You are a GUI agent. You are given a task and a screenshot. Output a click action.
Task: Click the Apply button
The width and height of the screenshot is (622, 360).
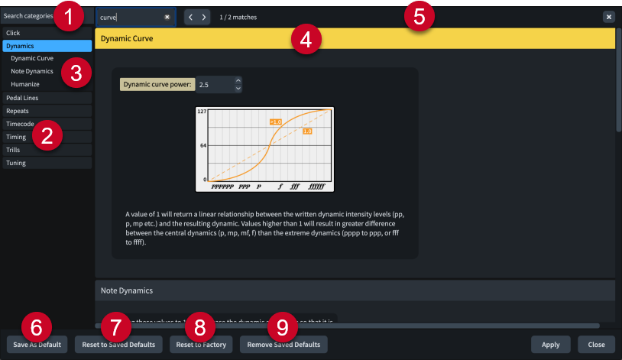(550, 345)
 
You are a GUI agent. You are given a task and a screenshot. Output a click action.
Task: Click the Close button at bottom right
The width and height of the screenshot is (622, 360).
(596, 345)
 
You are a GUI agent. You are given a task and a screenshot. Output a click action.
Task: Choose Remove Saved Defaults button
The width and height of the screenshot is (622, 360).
(284, 345)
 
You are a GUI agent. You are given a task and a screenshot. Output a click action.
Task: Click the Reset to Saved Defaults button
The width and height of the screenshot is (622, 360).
(118, 345)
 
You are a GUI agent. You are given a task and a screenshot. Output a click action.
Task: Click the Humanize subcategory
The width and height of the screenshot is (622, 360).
(25, 84)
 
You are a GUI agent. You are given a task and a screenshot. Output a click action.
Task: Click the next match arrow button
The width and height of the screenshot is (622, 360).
(204, 17)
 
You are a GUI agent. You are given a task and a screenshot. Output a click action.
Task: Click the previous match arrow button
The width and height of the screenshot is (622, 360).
(191, 17)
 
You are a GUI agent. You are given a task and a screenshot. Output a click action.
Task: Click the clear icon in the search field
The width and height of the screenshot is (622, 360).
(167, 17)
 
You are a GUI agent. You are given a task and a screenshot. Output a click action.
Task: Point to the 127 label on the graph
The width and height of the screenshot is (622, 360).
(202, 112)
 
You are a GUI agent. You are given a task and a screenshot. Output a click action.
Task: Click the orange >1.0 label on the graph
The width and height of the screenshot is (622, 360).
(276, 122)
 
